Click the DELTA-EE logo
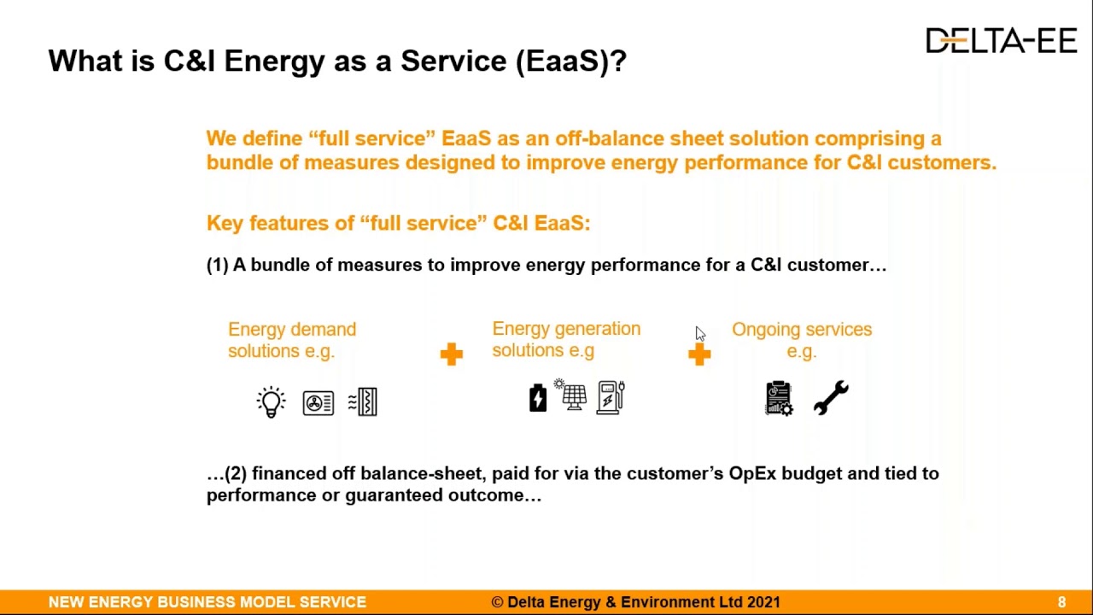point(1001,40)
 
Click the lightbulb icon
point(271,401)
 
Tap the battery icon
point(538,398)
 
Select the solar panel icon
point(573,396)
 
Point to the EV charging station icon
point(611,397)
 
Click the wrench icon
point(830,398)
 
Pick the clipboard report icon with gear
point(779,398)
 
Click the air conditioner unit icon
point(319,402)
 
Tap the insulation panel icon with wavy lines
point(364,401)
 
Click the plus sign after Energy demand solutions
point(451,354)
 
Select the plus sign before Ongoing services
point(699,354)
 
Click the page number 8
point(1061,602)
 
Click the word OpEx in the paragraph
point(751,473)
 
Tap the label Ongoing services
point(801,330)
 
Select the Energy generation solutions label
point(565,339)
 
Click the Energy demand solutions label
point(291,340)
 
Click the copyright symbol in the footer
point(497,602)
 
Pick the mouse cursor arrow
point(699,333)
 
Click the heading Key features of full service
point(398,224)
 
